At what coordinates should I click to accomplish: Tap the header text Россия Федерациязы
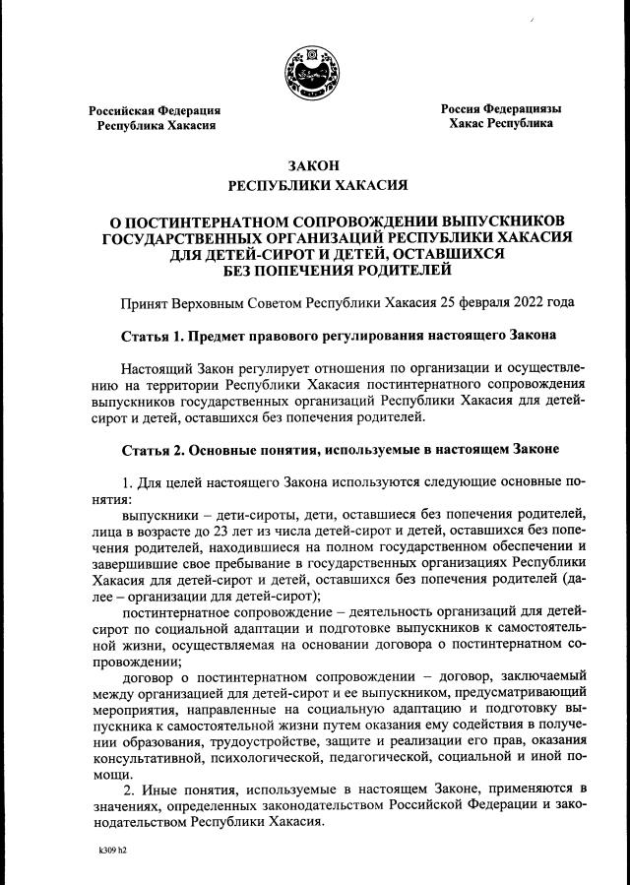[501, 108]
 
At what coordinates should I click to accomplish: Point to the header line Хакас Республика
[501, 124]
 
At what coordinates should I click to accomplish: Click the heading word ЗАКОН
[314, 166]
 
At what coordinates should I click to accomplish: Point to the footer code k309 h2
[112, 849]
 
